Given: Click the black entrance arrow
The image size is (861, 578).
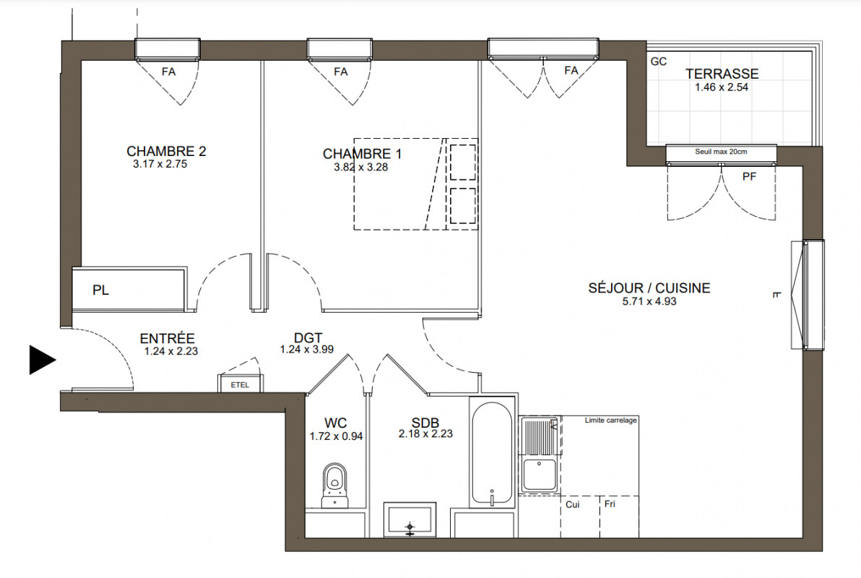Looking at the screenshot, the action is point(41,361).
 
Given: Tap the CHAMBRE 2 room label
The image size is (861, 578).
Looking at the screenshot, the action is point(166,151).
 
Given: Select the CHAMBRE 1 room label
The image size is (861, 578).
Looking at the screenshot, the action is point(362,154).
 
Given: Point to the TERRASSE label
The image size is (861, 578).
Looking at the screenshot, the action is point(722,74).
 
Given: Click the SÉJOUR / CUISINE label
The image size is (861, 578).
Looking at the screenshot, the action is point(649,288).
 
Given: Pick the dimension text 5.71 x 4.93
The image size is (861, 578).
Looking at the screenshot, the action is point(649,301).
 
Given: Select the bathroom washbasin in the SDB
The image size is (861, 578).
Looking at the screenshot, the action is point(410,519).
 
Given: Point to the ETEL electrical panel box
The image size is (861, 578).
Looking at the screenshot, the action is point(240,384).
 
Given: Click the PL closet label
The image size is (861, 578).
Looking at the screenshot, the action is point(100,290).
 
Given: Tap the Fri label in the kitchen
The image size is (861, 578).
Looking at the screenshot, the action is point(610,504).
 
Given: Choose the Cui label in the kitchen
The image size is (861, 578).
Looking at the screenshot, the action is point(572,504).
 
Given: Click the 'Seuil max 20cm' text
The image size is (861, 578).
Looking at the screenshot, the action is point(721,152).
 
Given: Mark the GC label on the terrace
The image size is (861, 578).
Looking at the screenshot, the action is point(658,61).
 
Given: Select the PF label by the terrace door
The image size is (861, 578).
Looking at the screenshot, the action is point(749,176).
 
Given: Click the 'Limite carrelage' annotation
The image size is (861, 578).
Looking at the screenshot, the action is point(610,420).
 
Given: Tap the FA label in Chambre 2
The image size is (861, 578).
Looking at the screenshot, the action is point(168,72).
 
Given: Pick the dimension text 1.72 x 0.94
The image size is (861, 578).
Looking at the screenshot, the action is point(336,436).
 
